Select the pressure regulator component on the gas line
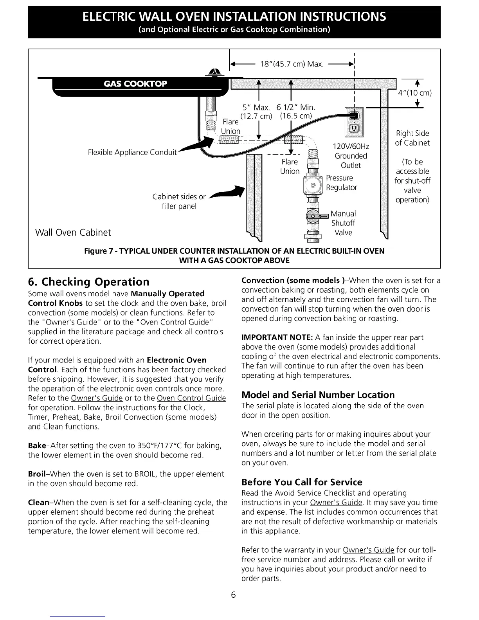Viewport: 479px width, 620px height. pyautogui.click(x=313, y=185)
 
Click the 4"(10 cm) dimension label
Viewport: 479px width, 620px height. pyautogui.click(x=414, y=93)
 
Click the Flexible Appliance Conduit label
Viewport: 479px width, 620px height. pyautogui.click(x=133, y=152)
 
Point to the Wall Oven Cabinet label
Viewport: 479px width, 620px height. pyautogui.click(x=73, y=232)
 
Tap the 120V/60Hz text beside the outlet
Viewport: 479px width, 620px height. pyautogui.click(x=350, y=146)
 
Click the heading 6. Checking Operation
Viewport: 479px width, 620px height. pyautogui.click(x=89, y=282)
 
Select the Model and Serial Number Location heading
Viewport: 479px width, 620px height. pyautogui.click(x=318, y=395)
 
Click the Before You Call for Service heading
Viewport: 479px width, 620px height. pyautogui.click(x=302, y=482)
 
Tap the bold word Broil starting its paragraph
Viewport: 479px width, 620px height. pyautogui.click(x=38, y=474)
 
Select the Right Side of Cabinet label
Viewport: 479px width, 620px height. pyautogui.click(x=412, y=138)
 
